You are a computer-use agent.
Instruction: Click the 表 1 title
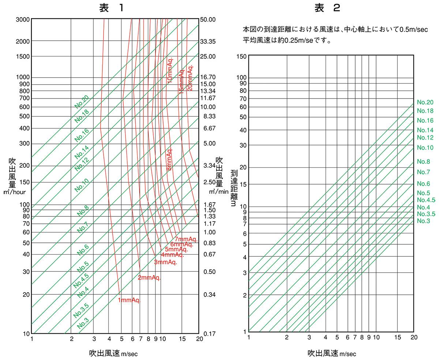click(110, 8)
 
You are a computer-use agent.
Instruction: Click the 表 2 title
click(327, 8)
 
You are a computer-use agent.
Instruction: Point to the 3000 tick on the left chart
click(23, 19)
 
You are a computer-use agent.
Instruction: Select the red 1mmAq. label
click(129, 300)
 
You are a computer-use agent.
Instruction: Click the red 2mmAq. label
click(149, 278)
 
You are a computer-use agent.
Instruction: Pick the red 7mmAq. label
click(186, 240)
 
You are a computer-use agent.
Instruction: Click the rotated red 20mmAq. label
click(190, 78)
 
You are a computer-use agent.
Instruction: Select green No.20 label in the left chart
click(82, 102)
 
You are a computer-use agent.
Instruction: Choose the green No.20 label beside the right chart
click(425, 103)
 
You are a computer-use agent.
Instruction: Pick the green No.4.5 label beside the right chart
click(426, 200)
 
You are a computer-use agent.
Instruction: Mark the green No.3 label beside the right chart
click(423, 221)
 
